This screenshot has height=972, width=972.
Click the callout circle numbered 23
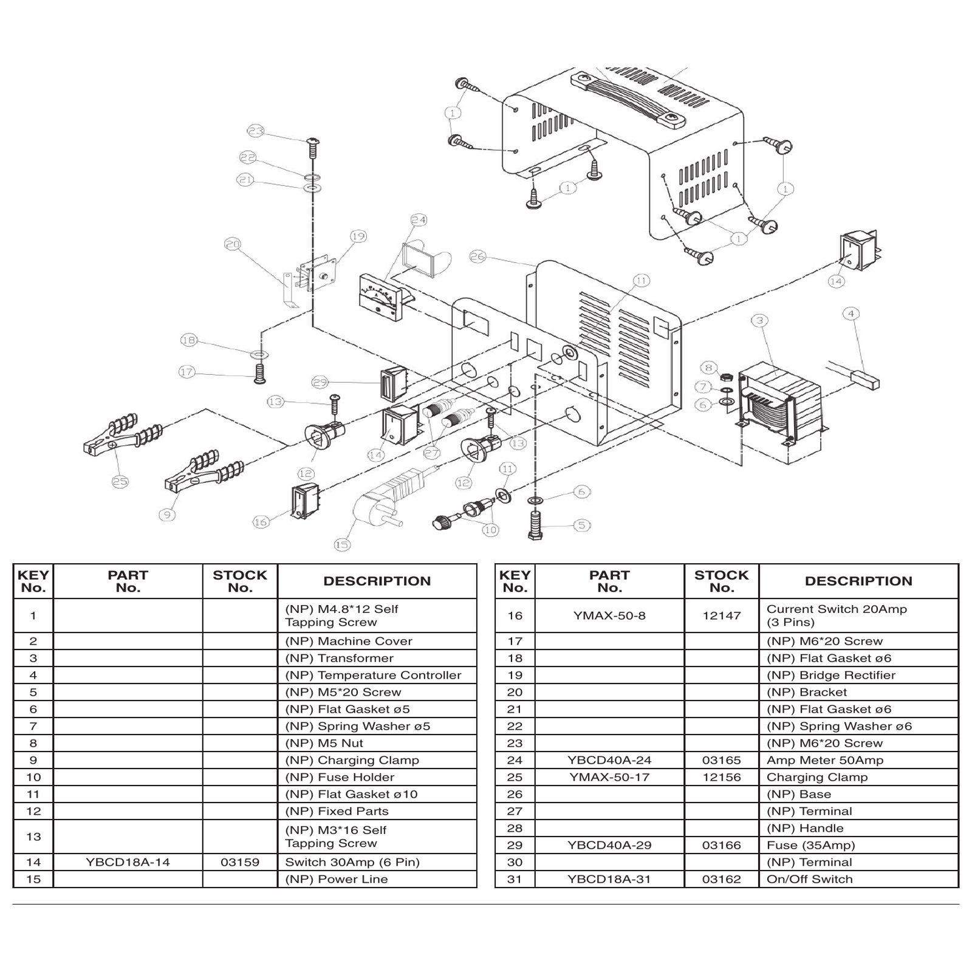tap(256, 131)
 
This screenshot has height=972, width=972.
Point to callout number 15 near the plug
tap(342, 544)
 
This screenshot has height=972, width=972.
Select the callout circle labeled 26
tap(477, 257)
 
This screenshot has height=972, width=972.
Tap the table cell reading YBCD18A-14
tap(128, 862)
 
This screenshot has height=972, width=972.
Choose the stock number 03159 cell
tap(240, 862)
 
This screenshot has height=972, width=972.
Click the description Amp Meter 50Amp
tap(825, 760)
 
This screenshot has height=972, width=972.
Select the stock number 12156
tap(722, 777)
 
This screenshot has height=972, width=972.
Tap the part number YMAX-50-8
tap(609, 615)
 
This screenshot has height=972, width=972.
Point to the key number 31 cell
tap(515, 879)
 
